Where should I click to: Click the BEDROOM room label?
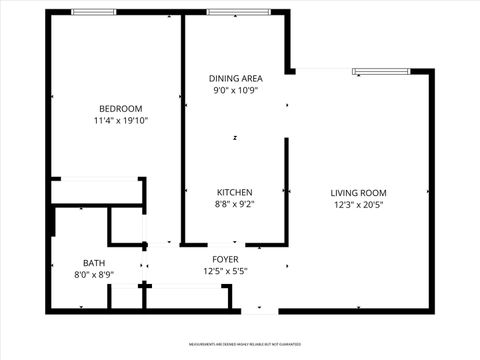coord(120,108)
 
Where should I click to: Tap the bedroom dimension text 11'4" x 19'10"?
coord(120,121)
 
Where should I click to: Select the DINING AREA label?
coord(235,78)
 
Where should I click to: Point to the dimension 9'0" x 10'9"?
coord(235,91)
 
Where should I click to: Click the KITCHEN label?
coord(235,192)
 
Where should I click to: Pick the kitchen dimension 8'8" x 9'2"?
coord(235,205)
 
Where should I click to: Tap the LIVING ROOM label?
coord(359,192)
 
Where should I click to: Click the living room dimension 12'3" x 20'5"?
coord(359,205)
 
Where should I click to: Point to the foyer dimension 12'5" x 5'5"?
coord(224,270)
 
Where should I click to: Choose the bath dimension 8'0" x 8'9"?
coord(94,275)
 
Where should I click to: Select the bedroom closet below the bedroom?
coord(96,192)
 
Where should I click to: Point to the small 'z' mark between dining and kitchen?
coord(235,138)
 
